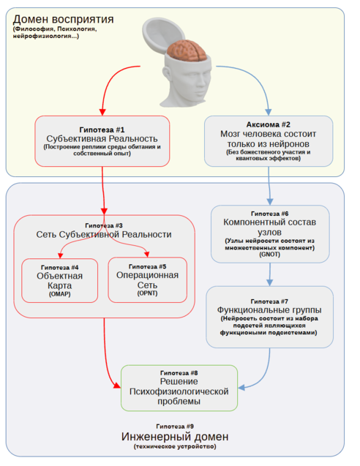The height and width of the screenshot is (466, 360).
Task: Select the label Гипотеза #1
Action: point(101,128)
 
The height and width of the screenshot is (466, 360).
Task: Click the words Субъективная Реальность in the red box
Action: point(101,138)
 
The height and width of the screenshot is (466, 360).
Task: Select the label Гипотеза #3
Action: point(103,225)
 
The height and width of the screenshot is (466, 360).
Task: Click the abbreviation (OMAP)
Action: point(60,295)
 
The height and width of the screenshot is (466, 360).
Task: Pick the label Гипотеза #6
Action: point(270,212)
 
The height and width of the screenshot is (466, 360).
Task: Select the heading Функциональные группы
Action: point(269,309)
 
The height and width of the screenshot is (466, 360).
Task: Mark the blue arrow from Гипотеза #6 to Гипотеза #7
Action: point(270,274)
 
